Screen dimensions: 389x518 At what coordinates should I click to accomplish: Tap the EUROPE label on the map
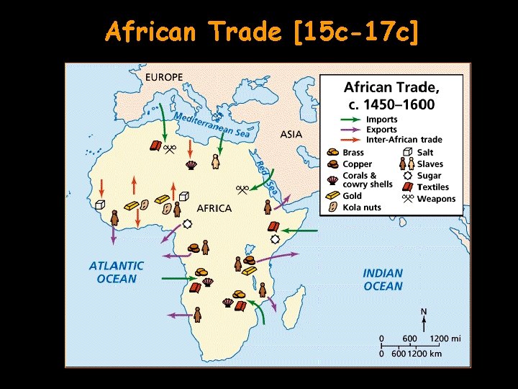point(164,76)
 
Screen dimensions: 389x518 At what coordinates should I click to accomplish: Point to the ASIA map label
point(291,134)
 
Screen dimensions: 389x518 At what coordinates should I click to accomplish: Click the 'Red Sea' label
point(265,174)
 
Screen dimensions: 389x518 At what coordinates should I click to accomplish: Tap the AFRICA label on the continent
point(214,208)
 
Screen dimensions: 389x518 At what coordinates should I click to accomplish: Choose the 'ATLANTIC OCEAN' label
point(116,272)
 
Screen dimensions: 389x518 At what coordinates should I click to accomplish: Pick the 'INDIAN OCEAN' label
point(383,280)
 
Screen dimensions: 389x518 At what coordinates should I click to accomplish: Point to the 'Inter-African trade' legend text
point(404,140)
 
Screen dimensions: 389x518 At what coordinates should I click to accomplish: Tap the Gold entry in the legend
point(353,196)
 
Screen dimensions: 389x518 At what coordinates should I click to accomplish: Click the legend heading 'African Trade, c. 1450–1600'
point(391,95)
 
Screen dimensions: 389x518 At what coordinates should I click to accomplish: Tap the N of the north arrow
point(424,312)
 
